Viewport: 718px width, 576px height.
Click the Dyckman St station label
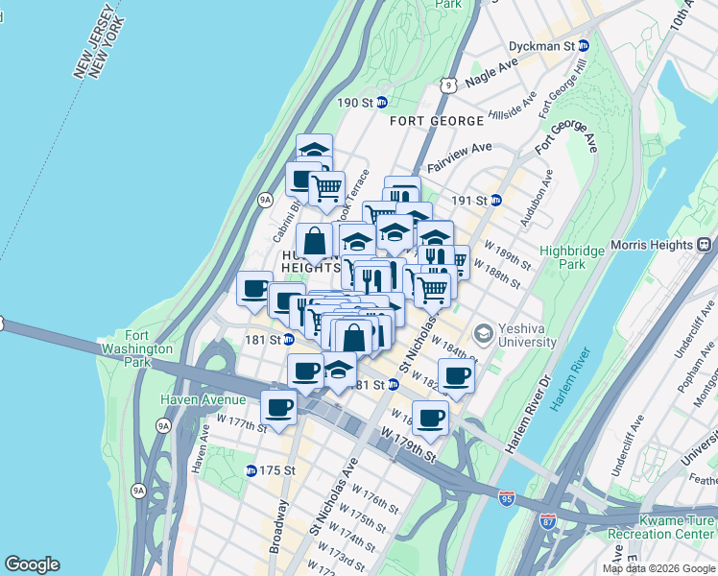[556, 45]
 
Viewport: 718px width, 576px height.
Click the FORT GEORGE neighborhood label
[437, 121]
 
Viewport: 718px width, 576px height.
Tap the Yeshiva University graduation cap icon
[484, 332]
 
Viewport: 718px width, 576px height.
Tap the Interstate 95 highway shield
[507, 497]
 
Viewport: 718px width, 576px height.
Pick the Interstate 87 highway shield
[547, 522]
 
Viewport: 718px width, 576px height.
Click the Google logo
[32, 564]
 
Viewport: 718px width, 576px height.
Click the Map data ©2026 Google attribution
[658, 568]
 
